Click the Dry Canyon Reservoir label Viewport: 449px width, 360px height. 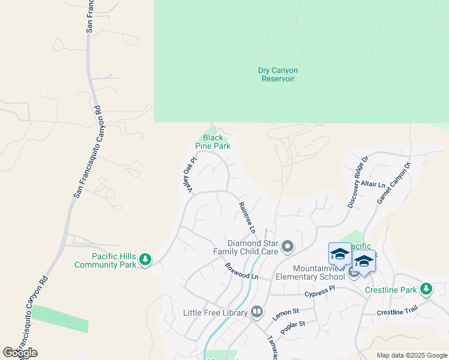(277, 74)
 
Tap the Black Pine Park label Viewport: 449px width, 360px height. (212, 142)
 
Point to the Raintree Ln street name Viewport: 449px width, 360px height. (247, 217)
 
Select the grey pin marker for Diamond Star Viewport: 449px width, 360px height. (288, 246)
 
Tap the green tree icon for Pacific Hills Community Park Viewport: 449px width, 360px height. (145, 260)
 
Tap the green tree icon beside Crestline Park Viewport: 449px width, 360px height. (426, 290)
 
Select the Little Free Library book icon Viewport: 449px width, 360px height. (257, 312)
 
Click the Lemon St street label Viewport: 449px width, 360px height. (286, 313)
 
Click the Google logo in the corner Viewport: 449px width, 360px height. (20, 353)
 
